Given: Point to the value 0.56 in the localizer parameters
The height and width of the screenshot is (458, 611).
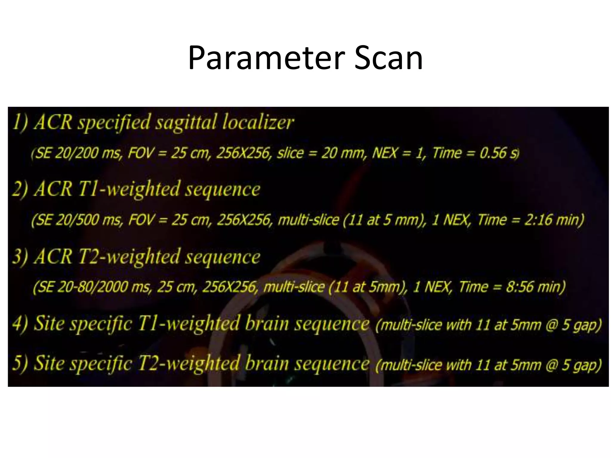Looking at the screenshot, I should (493, 153).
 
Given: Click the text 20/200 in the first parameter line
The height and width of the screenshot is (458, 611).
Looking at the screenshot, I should (77, 153).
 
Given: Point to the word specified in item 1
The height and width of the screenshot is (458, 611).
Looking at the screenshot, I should (114, 123).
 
